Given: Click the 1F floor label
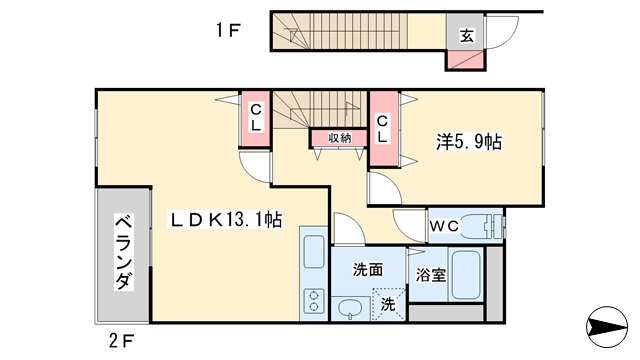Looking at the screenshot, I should coord(228,30).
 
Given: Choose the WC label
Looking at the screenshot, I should coord(444,226).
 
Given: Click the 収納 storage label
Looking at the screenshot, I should coord(339,138).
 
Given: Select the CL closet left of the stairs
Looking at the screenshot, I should coord(256,117).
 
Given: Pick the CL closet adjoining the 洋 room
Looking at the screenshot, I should coord(382,126).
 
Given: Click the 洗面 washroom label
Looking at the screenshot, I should coord(367,269).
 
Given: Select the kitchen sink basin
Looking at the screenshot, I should coord(313,253).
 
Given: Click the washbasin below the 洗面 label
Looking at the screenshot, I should coord(350,307).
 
